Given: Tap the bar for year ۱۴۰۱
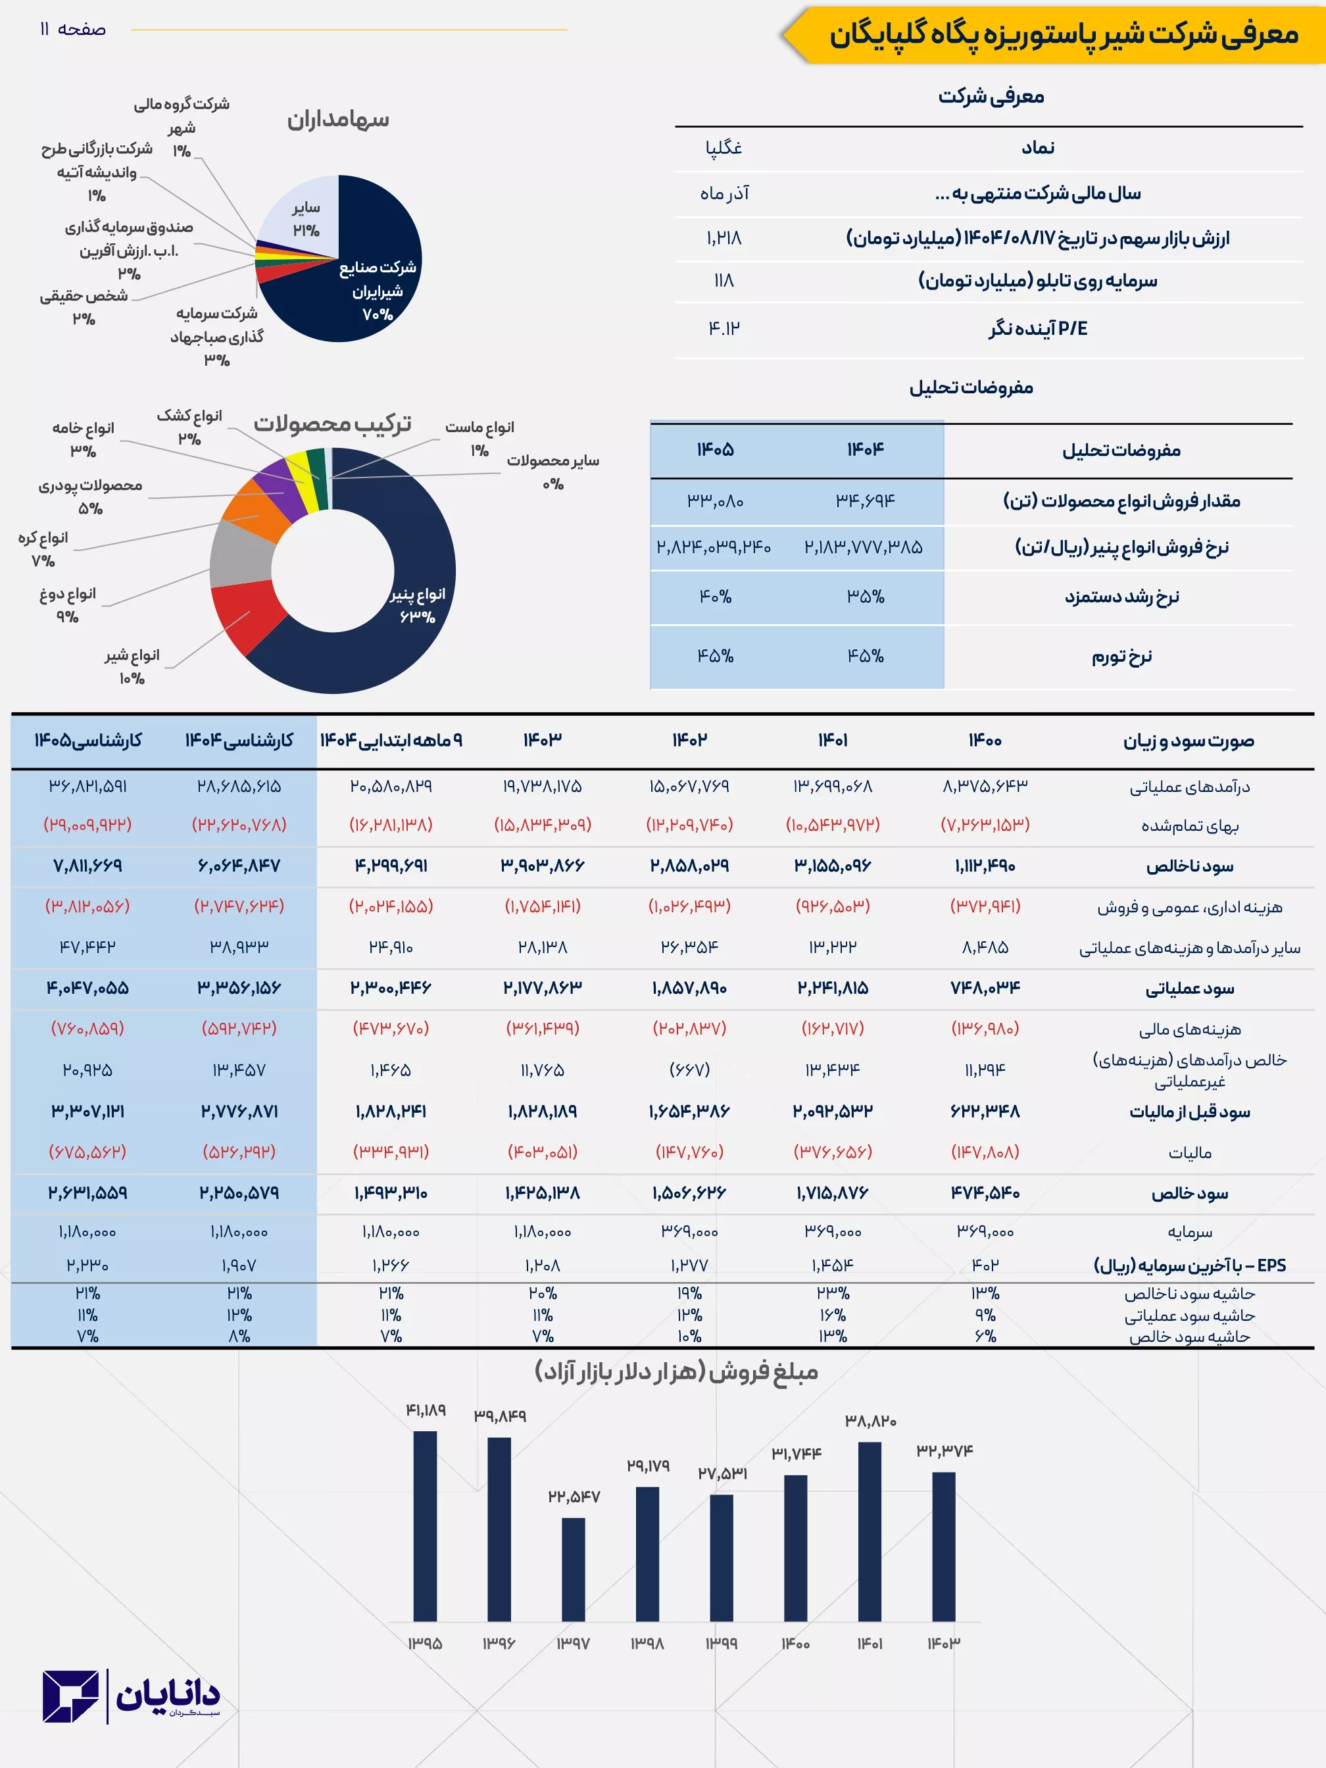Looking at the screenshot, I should click(870, 1531).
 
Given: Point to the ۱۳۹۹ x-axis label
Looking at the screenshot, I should click(721, 1643).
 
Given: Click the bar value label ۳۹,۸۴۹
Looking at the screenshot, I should click(499, 1415).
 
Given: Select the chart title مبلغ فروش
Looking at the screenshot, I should click(676, 1371).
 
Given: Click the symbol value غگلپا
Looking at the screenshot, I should click(724, 148).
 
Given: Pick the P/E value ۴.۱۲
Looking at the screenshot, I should click(724, 328).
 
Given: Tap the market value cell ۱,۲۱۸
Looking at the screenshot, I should click(724, 238).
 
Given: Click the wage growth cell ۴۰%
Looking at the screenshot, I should click(716, 597).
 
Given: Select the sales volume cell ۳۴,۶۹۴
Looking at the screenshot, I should click(865, 501).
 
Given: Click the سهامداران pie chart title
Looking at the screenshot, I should click(338, 120).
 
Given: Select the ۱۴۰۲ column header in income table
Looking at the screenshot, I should click(689, 740).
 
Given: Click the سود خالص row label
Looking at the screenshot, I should click(1189, 1193).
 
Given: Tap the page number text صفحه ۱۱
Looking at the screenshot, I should click(73, 30).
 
